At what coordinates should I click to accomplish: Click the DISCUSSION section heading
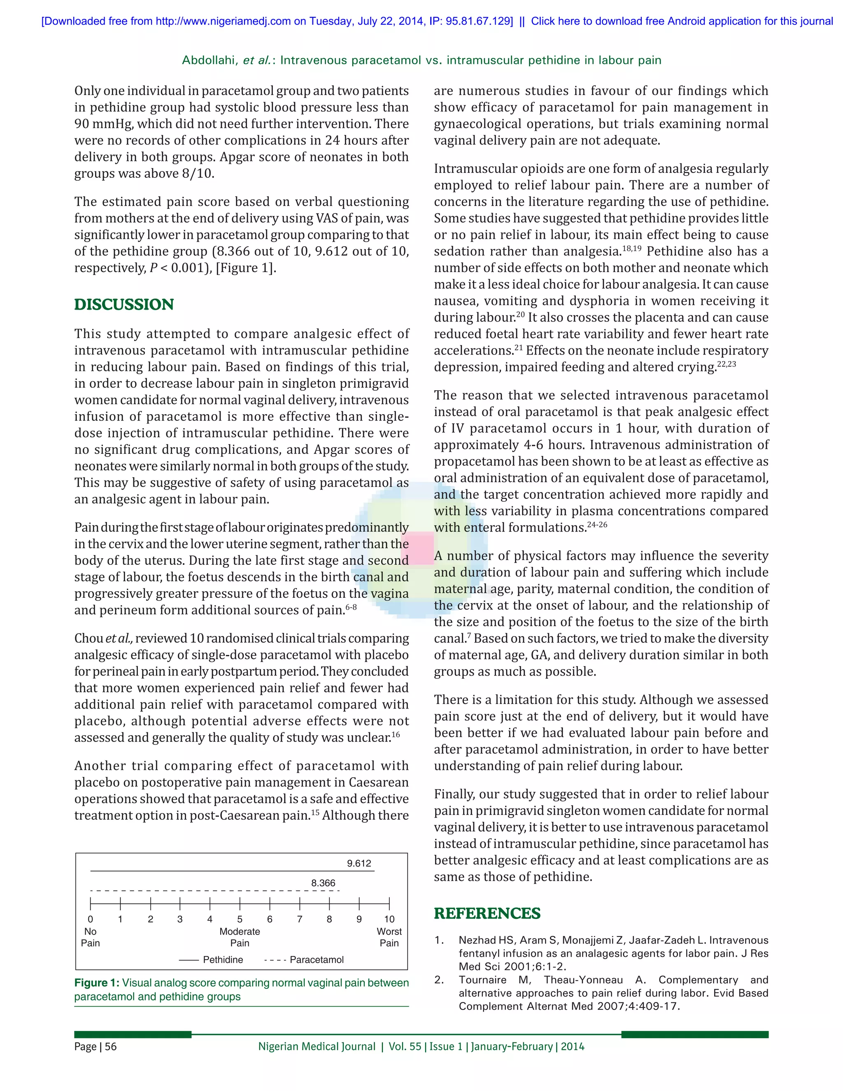tap(124, 304)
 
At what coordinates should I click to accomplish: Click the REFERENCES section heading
tap(487, 913)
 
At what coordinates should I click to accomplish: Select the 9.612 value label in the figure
tap(359, 863)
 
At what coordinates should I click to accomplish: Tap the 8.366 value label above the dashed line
tap(323, 883)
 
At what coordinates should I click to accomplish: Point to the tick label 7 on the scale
tap(300, 919)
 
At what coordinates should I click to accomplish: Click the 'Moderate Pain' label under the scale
tap(240, 937)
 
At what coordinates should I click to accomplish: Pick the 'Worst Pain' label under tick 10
tap(389, 937)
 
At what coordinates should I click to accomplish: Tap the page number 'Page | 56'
tap(95, 1047)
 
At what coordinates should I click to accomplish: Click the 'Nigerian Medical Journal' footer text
tap(317, 1047)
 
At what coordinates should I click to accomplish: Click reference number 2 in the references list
tap(438, 979)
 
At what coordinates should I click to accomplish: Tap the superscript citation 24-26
tap(597, 525)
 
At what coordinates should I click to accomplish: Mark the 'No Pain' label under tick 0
tap(91, 937)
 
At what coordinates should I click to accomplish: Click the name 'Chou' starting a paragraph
tap(89, 639)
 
